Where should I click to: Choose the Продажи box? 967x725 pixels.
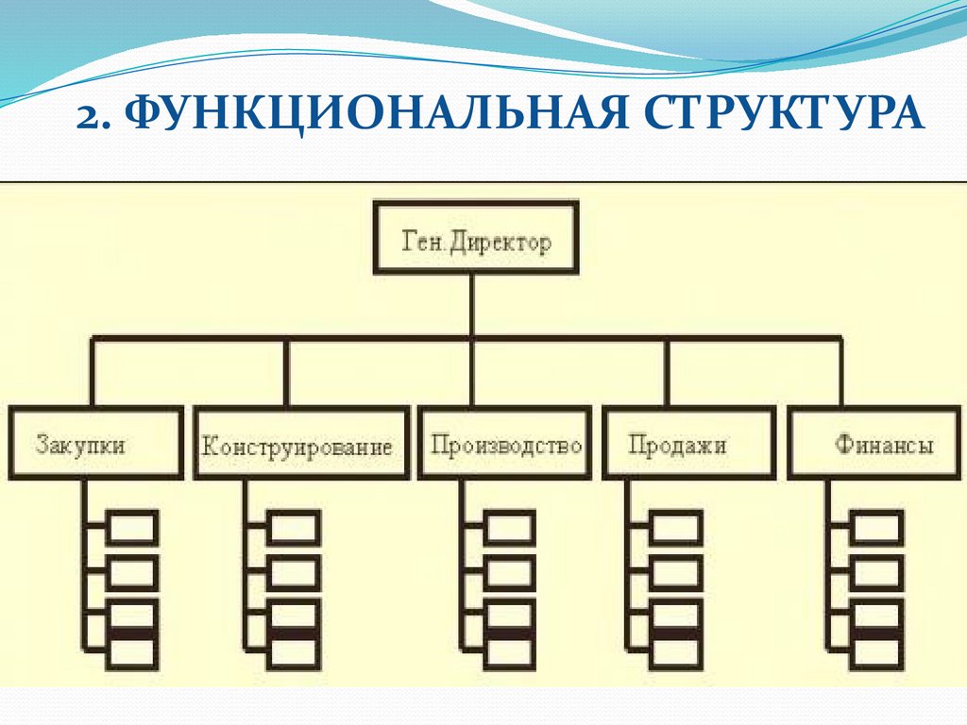pos(678,443)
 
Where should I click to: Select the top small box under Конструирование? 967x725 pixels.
pos(294,528)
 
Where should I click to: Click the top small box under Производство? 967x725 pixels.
pos(511,528)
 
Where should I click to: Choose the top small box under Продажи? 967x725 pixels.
pos(676,528)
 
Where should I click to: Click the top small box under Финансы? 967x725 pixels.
pos(877,528)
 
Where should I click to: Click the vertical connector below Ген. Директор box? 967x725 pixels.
pos(473,304)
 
